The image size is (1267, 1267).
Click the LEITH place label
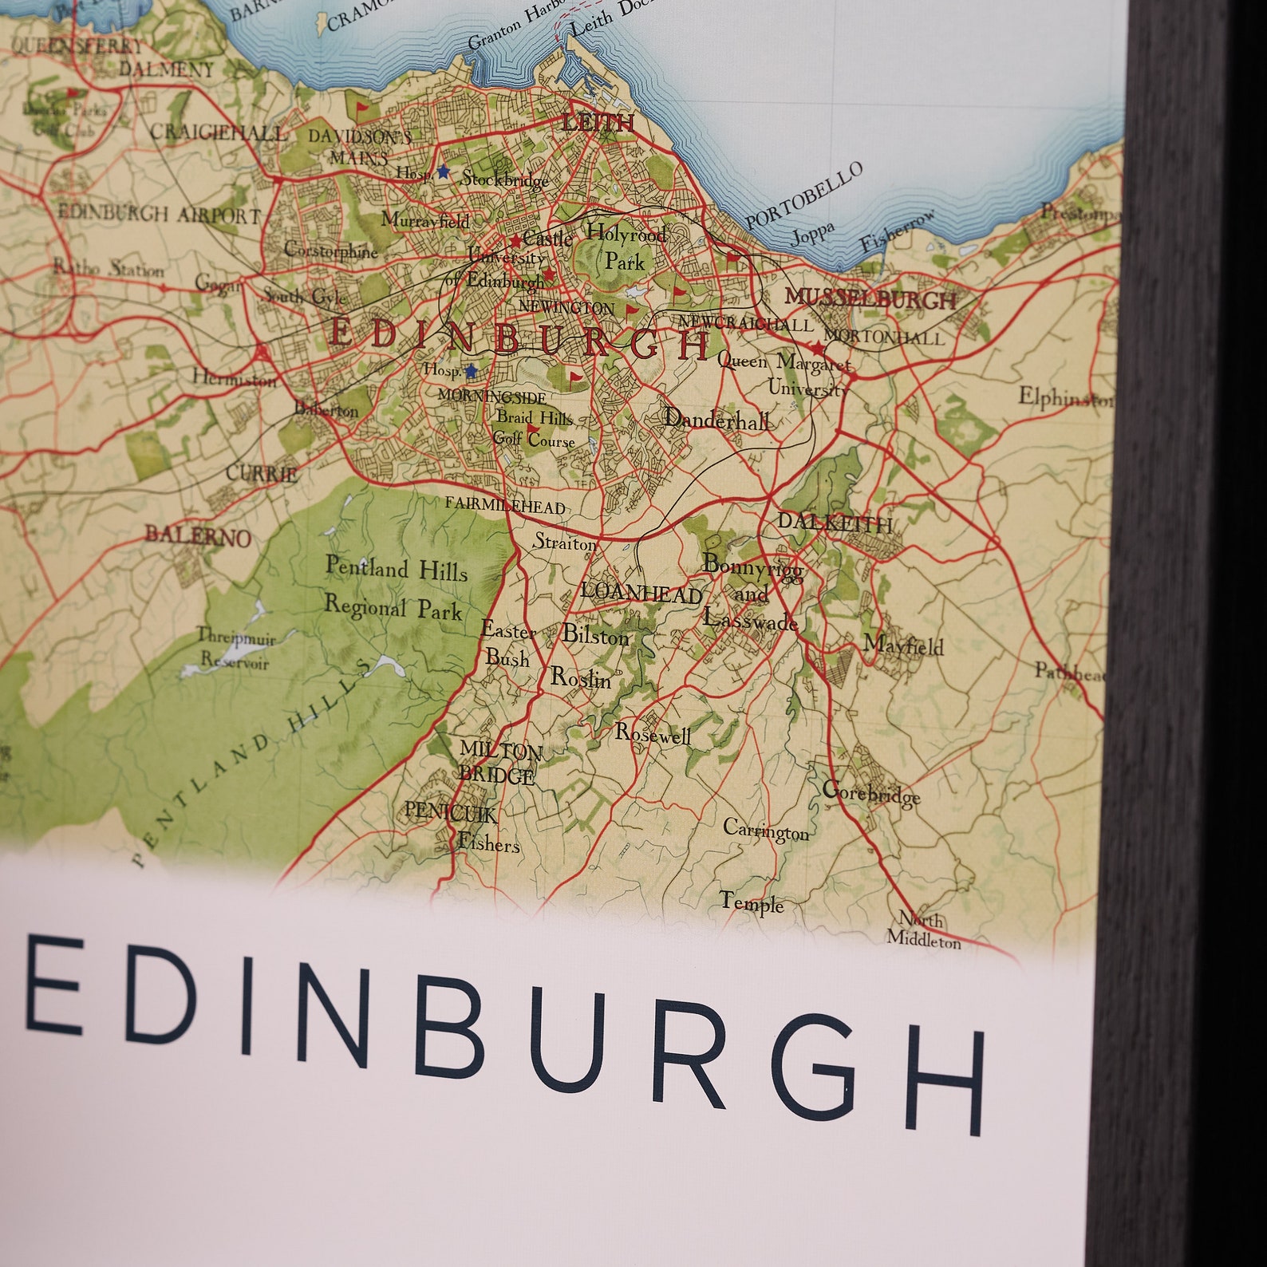tap(598, 123)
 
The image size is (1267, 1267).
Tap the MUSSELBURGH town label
tap(870, 299)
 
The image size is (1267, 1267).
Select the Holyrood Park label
tap(626, 247)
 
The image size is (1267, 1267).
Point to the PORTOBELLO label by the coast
tap(803, 195)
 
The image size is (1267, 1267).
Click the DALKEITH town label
tap(835, 523)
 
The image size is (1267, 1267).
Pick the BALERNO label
tap(198, 535)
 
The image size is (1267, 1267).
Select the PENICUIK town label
tap(451, 812)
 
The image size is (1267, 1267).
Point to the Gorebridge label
tap(871, 793)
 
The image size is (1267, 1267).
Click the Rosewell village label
tap(653, 734)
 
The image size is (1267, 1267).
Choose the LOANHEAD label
tap(641, 593)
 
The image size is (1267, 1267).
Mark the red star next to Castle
tap(515, 240)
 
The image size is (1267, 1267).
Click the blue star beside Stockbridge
tap(444, 172)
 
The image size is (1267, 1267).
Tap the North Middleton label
tap(924, 930)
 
